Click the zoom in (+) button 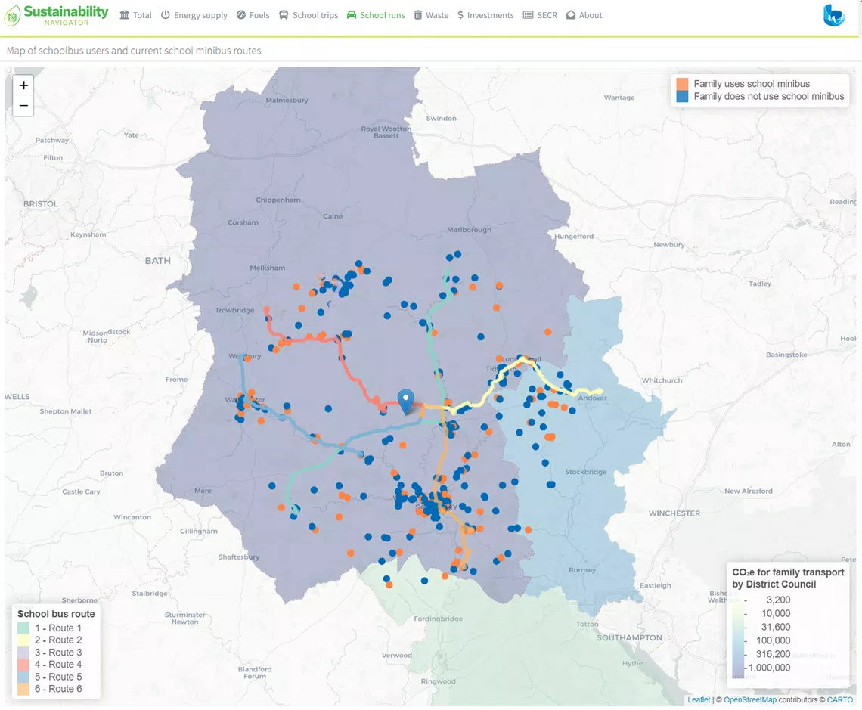23,85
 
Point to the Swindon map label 441,119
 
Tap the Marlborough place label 469,230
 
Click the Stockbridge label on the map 586,472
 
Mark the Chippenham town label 278,200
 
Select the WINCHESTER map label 674,513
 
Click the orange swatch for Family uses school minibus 683,84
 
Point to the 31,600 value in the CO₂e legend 773,627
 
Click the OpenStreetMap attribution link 749,700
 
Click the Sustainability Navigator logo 57,15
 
